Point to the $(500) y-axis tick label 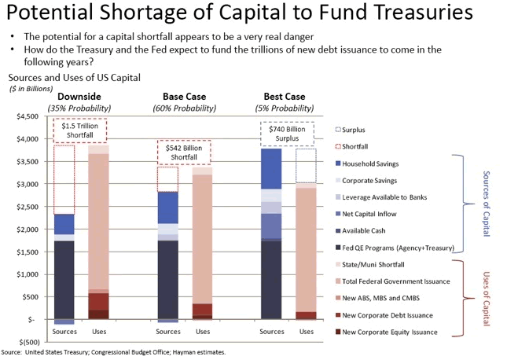pyautogui.click(x=28, y=343)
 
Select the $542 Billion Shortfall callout pyautogui.click(x=179, y=152)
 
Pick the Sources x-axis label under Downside pyautogui.click(x=64, y=332)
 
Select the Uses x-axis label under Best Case pyautogui.click(x=305, y=332)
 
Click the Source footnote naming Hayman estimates pyautogui.click(x=113, y=353)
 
